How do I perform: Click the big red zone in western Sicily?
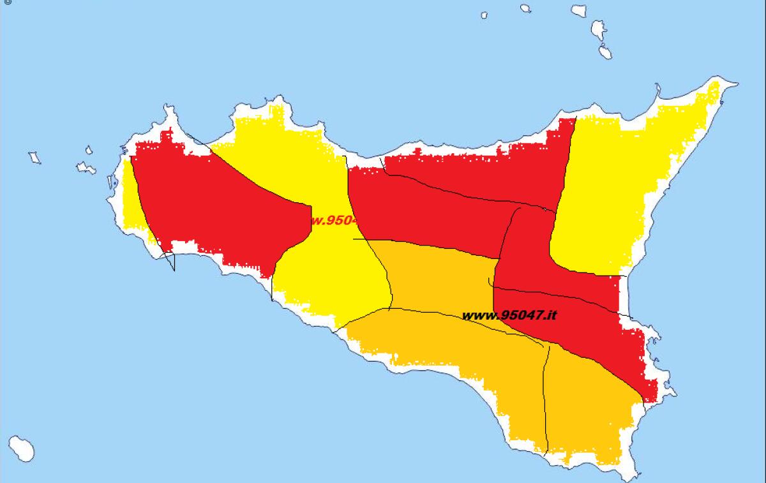[x=217, y=204]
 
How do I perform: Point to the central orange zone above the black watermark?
[x=440, y=274]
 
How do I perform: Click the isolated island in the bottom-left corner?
[x=22, y=448]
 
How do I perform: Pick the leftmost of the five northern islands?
[x=484, y=15]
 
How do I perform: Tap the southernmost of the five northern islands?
[x=604, y=52]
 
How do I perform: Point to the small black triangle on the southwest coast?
[x=169, y=261]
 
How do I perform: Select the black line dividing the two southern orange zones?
[x=544, y=396]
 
